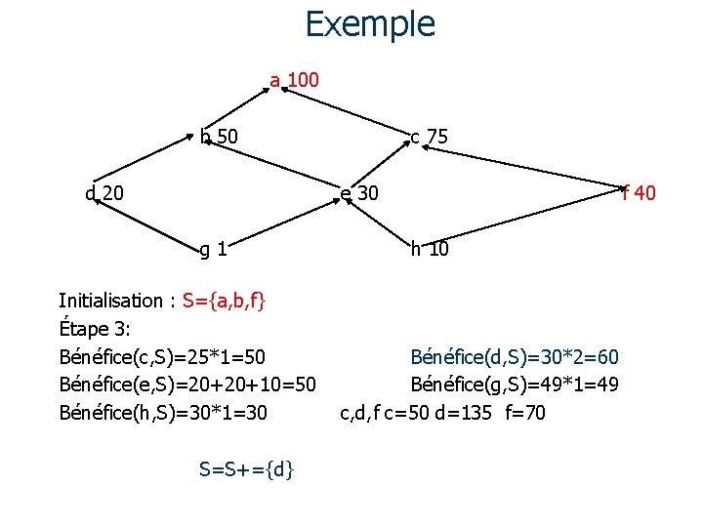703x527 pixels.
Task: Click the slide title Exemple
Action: point(370,23)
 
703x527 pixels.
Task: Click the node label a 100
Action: point(294,80)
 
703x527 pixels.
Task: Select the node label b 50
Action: point(220,137)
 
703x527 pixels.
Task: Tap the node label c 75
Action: point(429,138)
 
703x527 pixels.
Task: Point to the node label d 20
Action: point(104,193)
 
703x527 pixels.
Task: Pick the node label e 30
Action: point(359,193)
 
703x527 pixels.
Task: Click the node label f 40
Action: point(639,193)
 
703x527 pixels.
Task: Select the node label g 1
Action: point(214,249)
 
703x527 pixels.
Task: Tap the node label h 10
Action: point(430,249)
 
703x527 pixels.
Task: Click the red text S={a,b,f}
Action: point(224,300)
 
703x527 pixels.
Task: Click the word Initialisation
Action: point(111,300)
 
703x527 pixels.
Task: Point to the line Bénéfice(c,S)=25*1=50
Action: point(162,356)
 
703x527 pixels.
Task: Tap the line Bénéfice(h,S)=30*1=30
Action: point(162,413)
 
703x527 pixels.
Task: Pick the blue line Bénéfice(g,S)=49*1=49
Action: point(515,385)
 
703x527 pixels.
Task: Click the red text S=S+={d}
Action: point(248,469)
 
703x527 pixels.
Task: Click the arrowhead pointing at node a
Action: point(278,88)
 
